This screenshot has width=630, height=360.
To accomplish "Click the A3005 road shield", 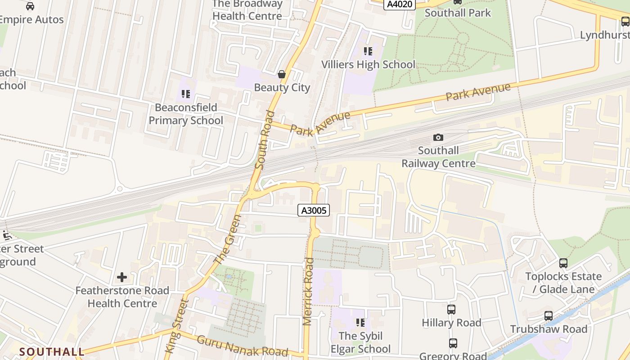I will tap(314, 210).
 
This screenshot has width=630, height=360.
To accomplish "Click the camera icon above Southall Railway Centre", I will tap(438, 137).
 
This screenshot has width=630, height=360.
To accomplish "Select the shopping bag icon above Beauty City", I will tap(282, 74).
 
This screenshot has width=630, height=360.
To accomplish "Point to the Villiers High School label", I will tap(368, 64).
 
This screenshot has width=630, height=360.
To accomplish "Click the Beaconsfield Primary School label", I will tap(186, 114).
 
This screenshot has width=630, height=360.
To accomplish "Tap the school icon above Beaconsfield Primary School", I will tap(186, 94).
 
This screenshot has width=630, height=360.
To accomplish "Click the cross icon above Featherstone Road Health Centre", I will tap(122, 277).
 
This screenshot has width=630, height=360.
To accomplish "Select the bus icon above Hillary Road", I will tap(451, 310).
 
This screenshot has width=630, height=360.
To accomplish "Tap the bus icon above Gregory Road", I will tap(453, 343).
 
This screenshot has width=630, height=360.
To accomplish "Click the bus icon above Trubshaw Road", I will tap(549, 316).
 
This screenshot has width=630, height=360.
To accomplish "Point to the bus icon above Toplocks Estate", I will tap(563, 263).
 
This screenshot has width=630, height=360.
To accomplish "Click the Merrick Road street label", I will tap(308, 291).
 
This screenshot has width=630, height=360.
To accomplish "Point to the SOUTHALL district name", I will tap(52, 351).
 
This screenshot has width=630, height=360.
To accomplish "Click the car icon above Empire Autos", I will tap(30, 6).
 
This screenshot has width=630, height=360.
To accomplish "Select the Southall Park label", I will tap(458, 13).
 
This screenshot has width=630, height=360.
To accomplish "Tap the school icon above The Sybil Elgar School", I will tap(360, 322).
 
